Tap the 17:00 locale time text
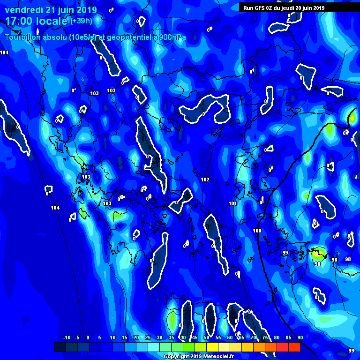[x=37, y=21]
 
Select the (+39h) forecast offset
[x=81, y=21]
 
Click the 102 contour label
[x=205, y=180]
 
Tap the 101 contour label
[x=232, y=203]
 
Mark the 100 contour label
[x=257, y=231]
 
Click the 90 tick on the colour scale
[x=300, y=337]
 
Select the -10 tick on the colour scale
[x=66, y=337]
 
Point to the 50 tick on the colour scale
[x=206, y=337]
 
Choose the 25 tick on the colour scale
[x=148, y=337]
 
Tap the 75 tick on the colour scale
[x=265, y=337]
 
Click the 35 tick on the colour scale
[x=171, y=337]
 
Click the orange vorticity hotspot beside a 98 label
[x=318, y=255]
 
